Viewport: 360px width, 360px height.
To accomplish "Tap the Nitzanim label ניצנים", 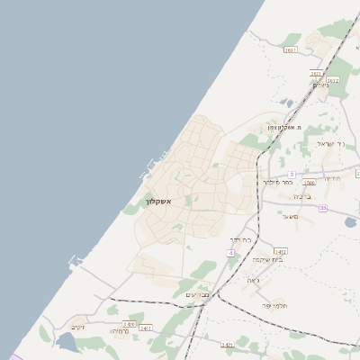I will point(320,85).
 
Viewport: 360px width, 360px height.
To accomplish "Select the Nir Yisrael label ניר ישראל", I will point(330,144).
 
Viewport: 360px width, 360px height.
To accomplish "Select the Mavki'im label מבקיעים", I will point(198,295).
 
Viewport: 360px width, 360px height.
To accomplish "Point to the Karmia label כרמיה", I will point(120,331).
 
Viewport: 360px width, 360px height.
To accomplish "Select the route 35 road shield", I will point(322,209).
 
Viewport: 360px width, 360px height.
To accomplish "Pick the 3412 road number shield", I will point(280,251).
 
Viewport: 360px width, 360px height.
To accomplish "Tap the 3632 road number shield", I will point(333,80).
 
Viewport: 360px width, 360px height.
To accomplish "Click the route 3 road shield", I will point(292,174).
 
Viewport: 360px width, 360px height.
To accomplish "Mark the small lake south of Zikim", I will point(67,343).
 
